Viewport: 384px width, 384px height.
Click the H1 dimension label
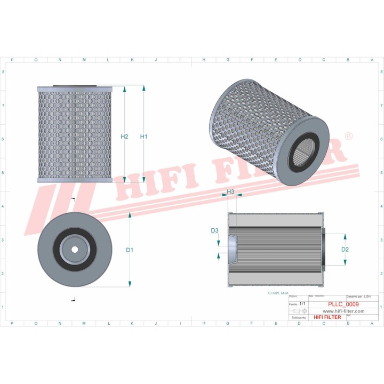click(143, 137)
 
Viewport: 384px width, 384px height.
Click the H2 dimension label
click(124, 137)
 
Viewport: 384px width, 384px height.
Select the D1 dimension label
click(130, 250)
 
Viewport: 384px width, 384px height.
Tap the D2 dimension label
click(345, 249)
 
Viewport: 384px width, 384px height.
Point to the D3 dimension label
click(214, 231)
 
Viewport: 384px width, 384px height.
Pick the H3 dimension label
click(231, 191)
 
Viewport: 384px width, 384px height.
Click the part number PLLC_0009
click(343, 304)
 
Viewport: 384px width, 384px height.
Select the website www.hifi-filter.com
click(343, 311)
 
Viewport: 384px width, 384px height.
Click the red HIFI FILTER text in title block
click(327, 317)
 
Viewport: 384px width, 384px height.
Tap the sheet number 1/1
click(303, 303)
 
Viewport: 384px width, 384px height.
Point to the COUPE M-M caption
click(278, 293)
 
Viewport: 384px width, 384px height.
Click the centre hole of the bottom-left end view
click(74, 249)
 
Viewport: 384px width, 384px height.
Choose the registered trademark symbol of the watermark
click(349, 137)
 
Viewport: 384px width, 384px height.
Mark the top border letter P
click(12, 60)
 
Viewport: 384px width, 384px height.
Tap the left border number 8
click(4, 72)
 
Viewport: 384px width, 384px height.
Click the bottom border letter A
click(372, 324)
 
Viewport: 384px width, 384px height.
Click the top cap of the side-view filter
click(75, 87)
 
